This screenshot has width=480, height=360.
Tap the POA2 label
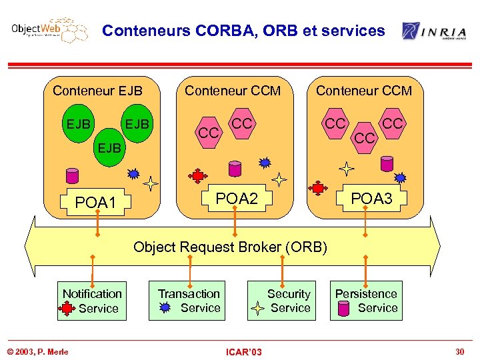pos(237,198)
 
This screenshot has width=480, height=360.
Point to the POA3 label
pos(371,198)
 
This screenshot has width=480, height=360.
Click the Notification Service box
pos(91,301)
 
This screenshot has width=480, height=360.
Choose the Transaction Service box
pos(189,301)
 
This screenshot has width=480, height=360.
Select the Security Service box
pos(281,301)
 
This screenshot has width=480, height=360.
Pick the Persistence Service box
pos(366,301)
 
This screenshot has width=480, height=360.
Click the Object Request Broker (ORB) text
pos(231,247)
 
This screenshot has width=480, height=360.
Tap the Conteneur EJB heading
pos(97,91)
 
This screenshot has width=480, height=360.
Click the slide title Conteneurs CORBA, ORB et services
pos(243,31)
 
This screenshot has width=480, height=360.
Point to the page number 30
pos(459,351)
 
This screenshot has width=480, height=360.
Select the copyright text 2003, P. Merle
pos(37,351)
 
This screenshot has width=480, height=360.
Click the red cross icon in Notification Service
pos(67,309)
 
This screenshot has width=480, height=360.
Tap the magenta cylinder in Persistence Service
pos(344,309)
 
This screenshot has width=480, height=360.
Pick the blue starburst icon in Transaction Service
pos(166,308)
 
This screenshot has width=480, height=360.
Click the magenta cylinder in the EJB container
pos(71,175)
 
